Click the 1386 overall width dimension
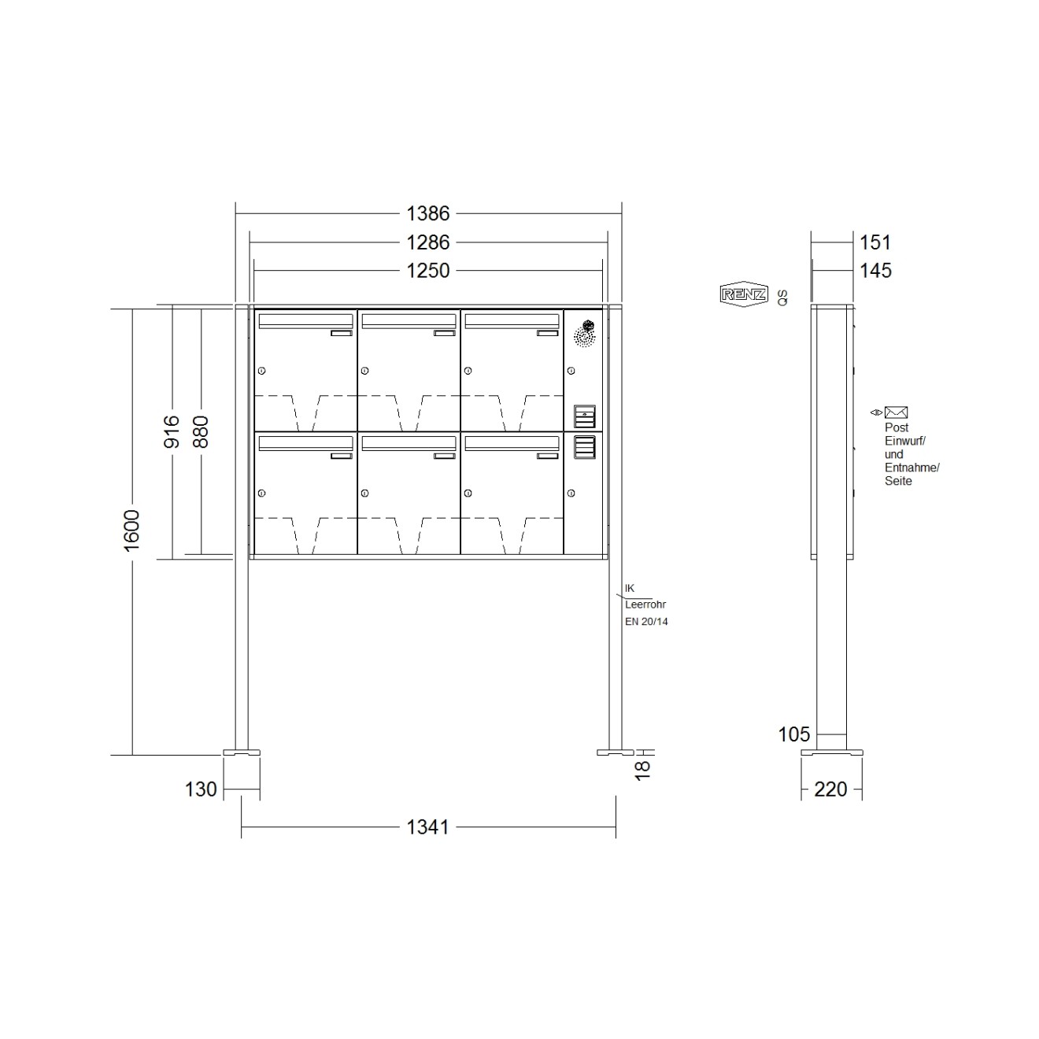tap(427, 213)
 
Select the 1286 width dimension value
tap(427, 242)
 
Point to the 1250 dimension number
tap(427, 271)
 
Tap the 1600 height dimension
tap(132, 531)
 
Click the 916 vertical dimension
tap(172, 432)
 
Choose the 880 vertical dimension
tap(201, 432)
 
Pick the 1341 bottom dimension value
tap(427, 827)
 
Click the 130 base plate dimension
tap(201, 789)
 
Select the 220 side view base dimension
tap(831, 789)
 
